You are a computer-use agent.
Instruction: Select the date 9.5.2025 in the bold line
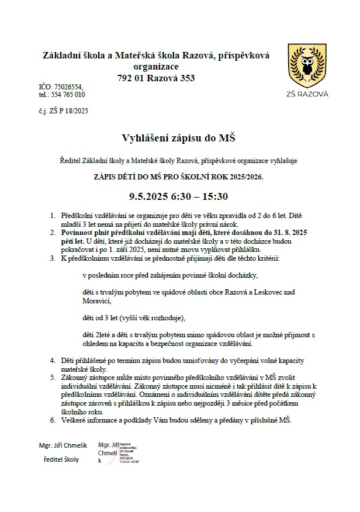click(148, 196)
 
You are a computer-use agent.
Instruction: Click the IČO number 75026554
click(69, 87)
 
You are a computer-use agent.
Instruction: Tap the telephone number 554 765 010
click(68, 94)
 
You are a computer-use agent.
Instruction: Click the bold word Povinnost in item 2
click(81, 232)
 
